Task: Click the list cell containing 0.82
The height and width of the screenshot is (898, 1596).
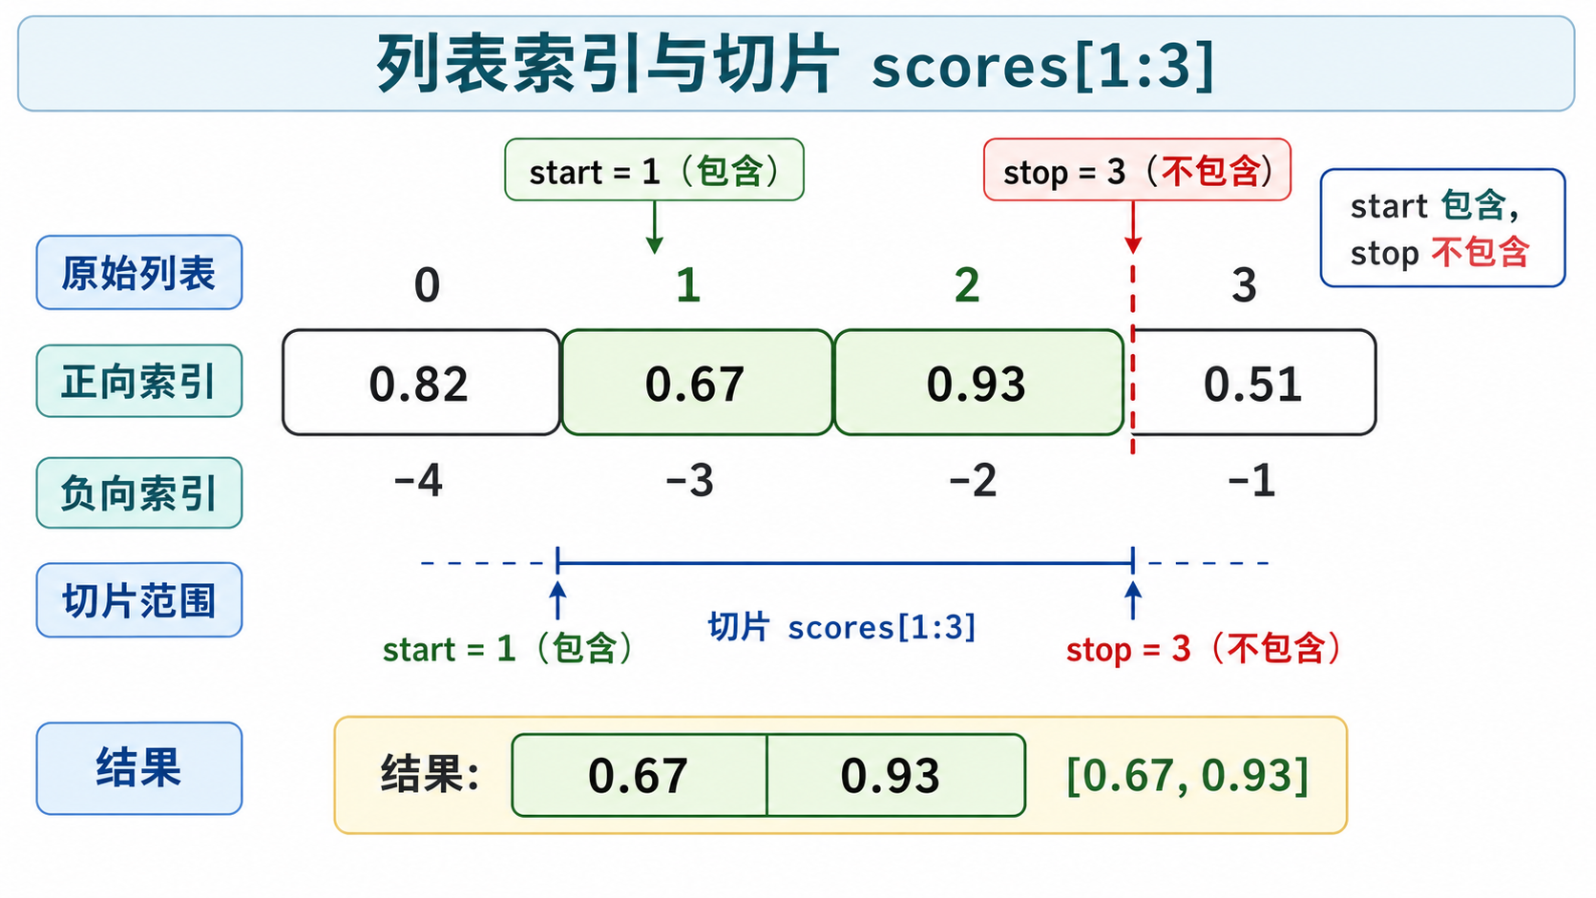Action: coord(421,383)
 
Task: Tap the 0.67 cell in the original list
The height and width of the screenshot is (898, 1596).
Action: coord(697,383)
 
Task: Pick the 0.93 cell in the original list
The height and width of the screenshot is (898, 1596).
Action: coord(979,383)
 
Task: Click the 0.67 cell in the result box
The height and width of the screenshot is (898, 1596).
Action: coord(640,775)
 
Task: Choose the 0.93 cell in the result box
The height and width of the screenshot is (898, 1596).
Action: coord(896,775)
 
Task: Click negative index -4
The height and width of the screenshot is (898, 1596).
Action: coord(418,480)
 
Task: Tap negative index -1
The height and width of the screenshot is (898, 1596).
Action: coord(1251,480)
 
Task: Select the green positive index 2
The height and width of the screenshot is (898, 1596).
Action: coord(967,284)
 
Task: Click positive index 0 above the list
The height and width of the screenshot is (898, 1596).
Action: coord(427,284)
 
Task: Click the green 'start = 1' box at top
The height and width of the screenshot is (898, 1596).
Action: coord(654,170)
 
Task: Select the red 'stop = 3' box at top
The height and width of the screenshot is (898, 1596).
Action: coord(1137,170)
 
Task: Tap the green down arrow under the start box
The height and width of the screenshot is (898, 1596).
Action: coord(654,227)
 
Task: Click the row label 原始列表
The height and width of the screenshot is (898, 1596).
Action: coord(139,272)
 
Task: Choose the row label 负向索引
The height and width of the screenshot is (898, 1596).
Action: coord(139,492)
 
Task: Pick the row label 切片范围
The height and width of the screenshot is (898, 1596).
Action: coord(139,599)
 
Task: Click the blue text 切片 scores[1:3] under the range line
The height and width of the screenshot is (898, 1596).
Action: coord(842,627)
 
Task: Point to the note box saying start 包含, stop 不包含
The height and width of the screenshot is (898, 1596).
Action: coord(1443,228)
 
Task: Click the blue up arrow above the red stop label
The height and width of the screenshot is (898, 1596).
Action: coord(1133,600)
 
